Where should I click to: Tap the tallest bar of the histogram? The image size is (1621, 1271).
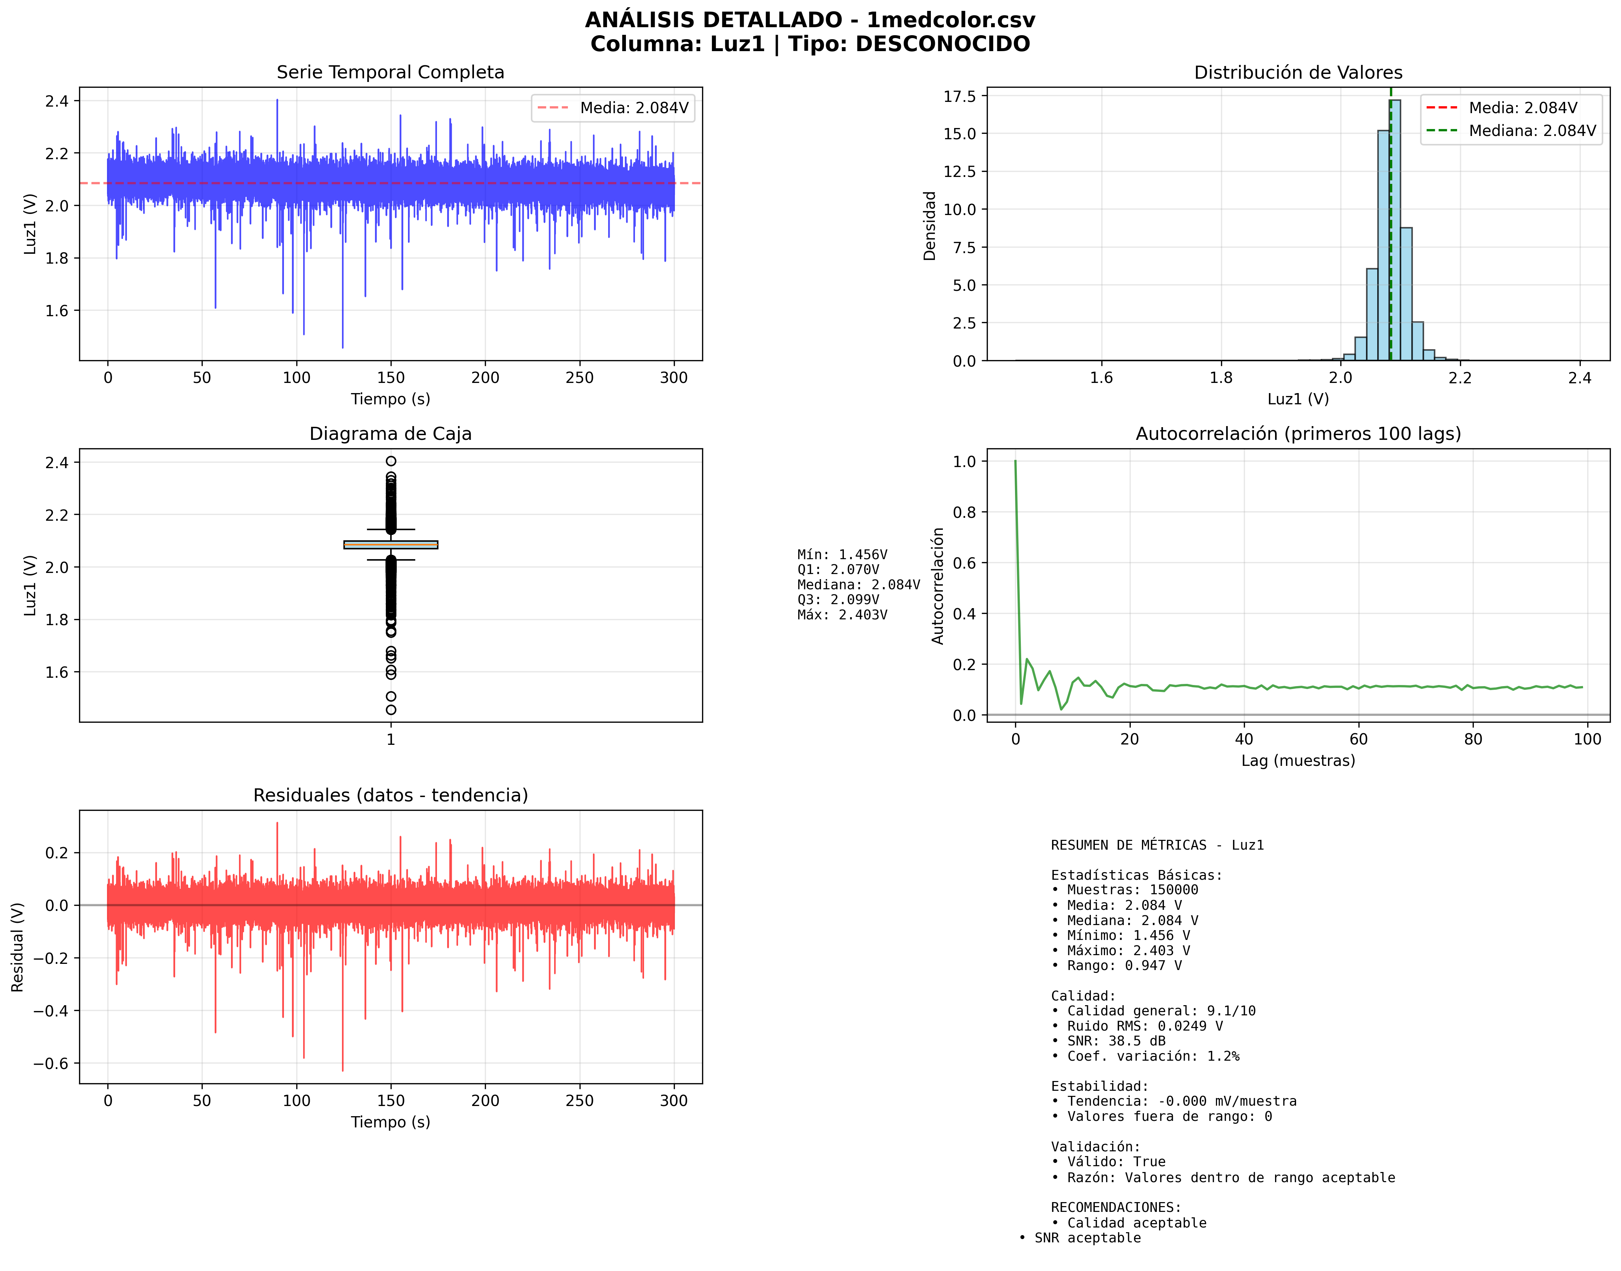[x=1395, y=231]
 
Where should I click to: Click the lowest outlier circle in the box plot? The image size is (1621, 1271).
[x=391, y=710]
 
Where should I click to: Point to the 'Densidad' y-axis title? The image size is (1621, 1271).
[x=929, y=226]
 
